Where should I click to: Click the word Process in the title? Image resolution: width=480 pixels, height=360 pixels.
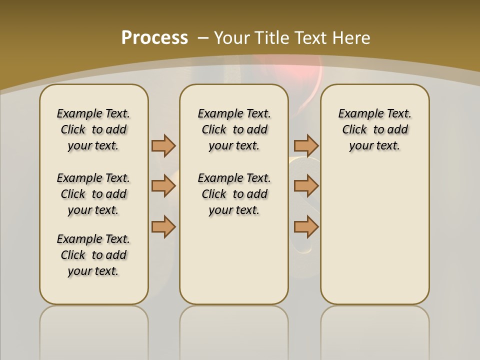click(154, 37)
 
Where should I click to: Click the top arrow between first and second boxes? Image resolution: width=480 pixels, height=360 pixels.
click(163, 145)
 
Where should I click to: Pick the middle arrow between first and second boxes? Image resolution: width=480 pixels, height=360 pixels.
click(163, 186)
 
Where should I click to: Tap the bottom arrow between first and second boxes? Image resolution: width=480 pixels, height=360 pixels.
click(163, 226)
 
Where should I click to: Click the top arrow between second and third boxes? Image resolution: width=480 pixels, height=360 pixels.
click(306, 145)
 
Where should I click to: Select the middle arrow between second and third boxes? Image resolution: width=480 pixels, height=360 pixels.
click(306, 186)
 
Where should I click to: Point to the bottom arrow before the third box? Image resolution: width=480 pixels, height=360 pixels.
click(306, 226)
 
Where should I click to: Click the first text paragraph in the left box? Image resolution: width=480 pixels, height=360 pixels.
click(93, 129)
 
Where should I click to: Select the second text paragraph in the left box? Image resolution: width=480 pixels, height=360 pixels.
click(93, 194)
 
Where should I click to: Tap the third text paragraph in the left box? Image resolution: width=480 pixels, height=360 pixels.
click(93, 255)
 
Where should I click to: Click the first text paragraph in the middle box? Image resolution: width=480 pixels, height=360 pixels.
click(234, 129)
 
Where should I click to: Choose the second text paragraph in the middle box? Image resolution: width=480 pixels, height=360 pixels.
click(234, 194)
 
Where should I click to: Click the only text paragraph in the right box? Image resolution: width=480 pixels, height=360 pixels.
click(374, 129)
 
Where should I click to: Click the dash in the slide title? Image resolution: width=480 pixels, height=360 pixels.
click(203, 38)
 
